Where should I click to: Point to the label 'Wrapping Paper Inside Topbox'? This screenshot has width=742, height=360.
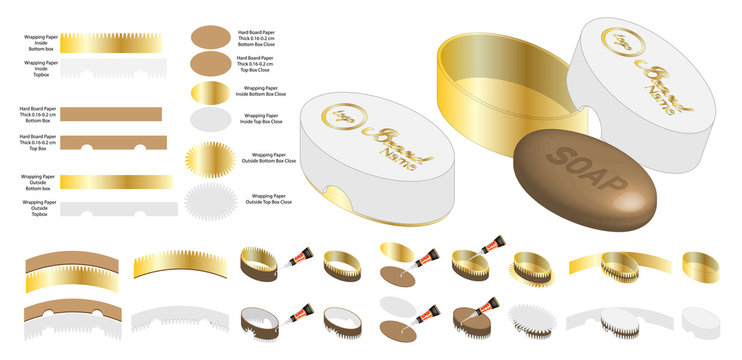[40, 66]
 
